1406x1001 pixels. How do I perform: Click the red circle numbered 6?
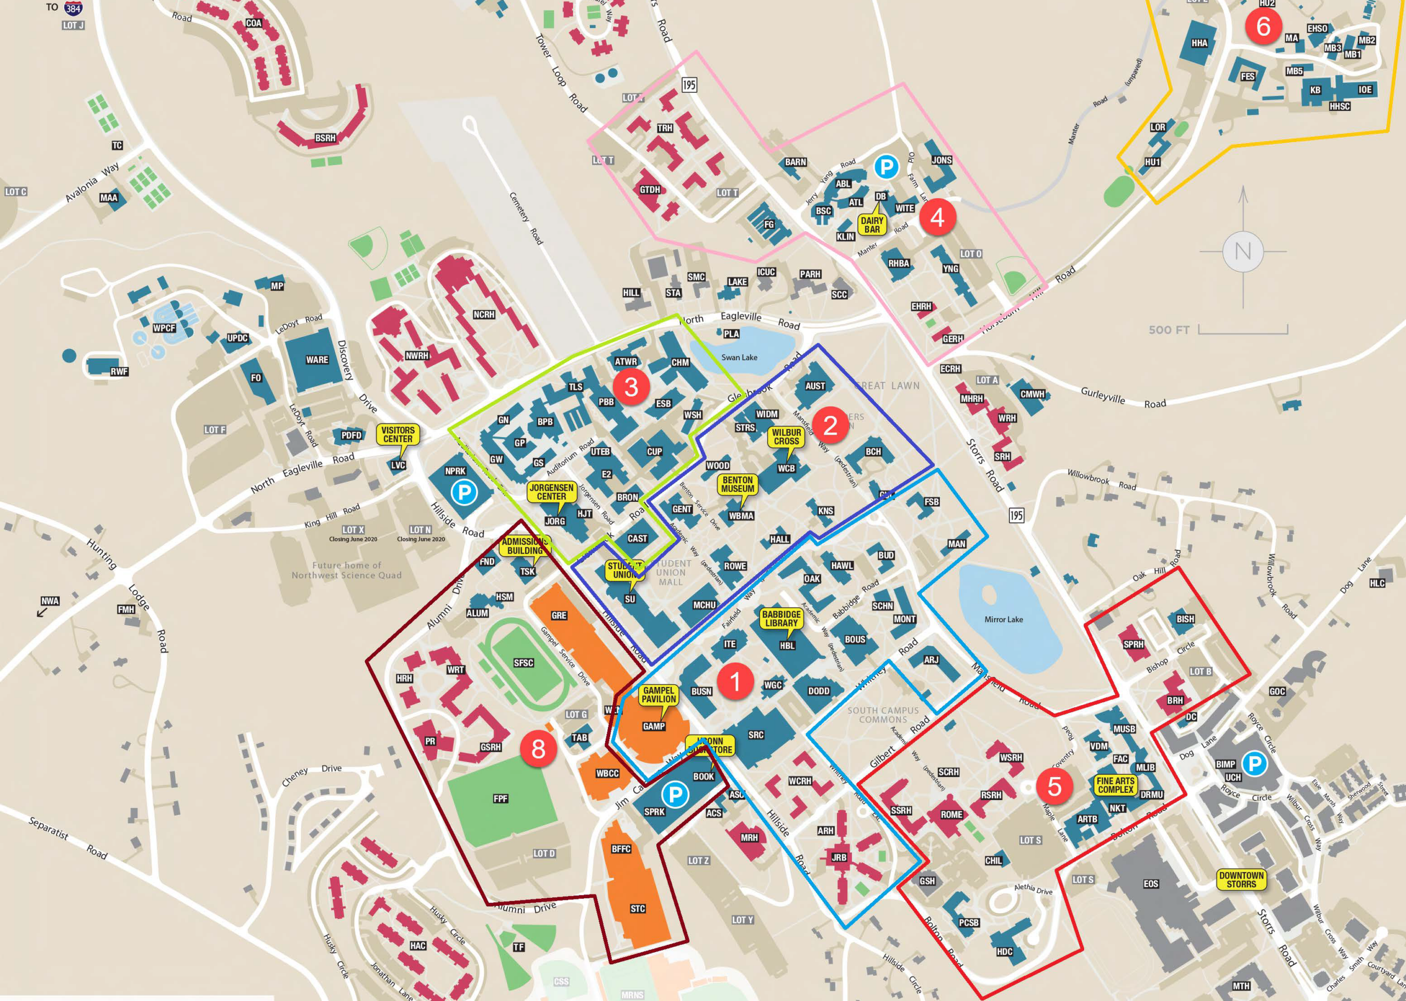click(1263, 26)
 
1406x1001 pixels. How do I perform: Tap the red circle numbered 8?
click(538, 749)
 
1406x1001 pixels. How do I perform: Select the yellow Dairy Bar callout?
click(872, 225)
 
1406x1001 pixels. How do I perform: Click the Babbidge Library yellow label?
click(781, 618)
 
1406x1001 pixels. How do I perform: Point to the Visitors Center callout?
click(398, 434)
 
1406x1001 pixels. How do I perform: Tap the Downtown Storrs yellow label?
click(1241, 880)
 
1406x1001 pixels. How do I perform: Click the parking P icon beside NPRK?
click(464, 493)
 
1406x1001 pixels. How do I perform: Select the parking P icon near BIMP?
click(1254, 764)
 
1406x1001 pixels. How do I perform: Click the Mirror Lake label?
click(1003, 619)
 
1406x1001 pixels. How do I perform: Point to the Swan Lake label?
click(739, 357)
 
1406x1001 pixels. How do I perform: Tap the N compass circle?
click(1243, 251)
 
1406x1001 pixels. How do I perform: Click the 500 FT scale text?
click(1169, 330)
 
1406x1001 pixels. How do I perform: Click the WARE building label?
click(317, 359)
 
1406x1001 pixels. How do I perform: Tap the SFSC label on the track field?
click(523, 663)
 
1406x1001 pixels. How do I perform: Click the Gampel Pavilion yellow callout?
click(659, 695)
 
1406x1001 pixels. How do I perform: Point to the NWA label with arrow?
click(50, 601)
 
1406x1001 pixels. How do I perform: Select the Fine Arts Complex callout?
click(1115, 785)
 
